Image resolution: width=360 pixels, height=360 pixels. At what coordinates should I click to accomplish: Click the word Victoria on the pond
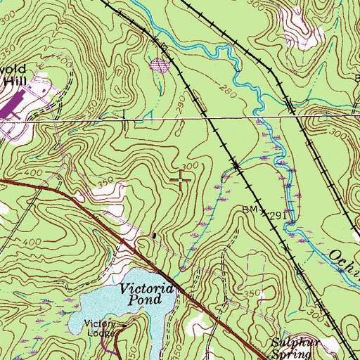[146, 288]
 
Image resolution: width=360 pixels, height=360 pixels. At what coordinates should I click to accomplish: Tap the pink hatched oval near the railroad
[161, 66]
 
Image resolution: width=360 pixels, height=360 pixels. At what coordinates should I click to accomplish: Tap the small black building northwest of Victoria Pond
[155, 235]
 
